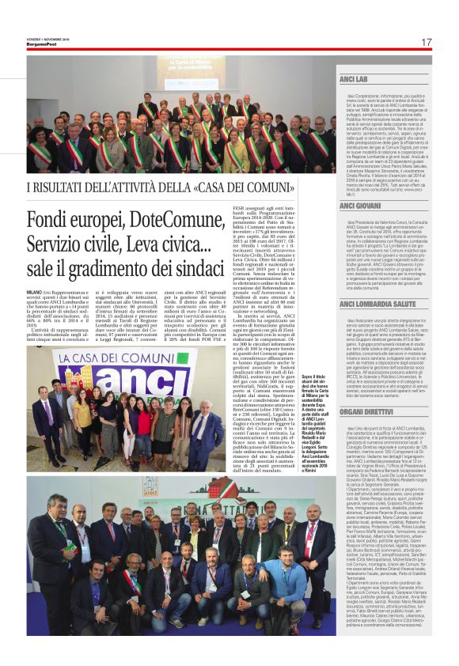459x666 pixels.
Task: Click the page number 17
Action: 426,42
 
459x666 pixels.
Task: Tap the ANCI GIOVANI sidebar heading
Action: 360,206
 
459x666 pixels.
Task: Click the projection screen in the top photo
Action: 194,71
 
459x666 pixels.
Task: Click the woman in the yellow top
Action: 82,412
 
